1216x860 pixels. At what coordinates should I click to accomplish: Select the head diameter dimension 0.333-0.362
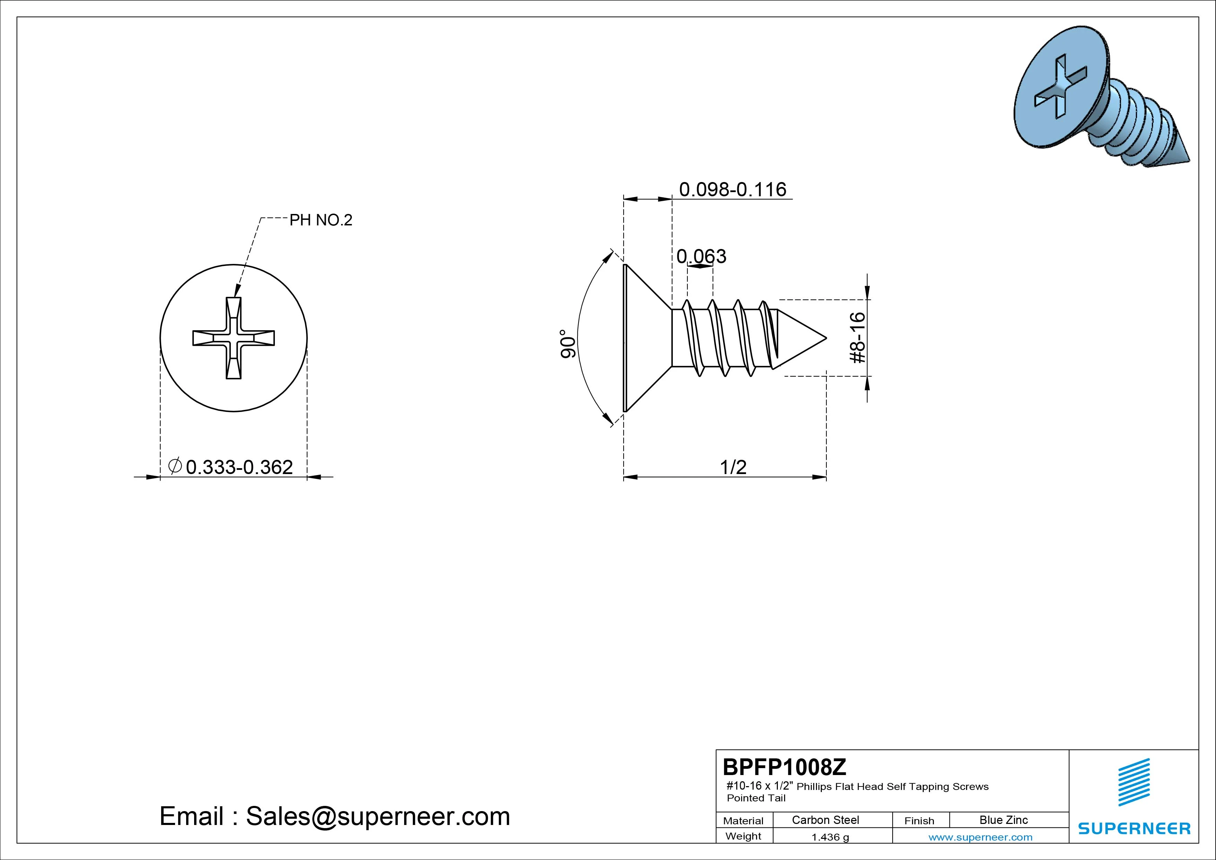239,467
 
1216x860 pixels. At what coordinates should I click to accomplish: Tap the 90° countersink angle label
568,344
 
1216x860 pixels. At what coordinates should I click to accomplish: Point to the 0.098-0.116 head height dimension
732,189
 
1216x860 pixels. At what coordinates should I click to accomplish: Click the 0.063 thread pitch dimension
701,257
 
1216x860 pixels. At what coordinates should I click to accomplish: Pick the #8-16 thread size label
858,337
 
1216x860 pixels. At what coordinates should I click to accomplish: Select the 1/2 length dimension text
733,467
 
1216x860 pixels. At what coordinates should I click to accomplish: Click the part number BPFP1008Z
784,767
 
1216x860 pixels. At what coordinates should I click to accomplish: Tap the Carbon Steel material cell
825,820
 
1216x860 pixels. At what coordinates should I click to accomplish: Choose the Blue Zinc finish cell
1004,820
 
